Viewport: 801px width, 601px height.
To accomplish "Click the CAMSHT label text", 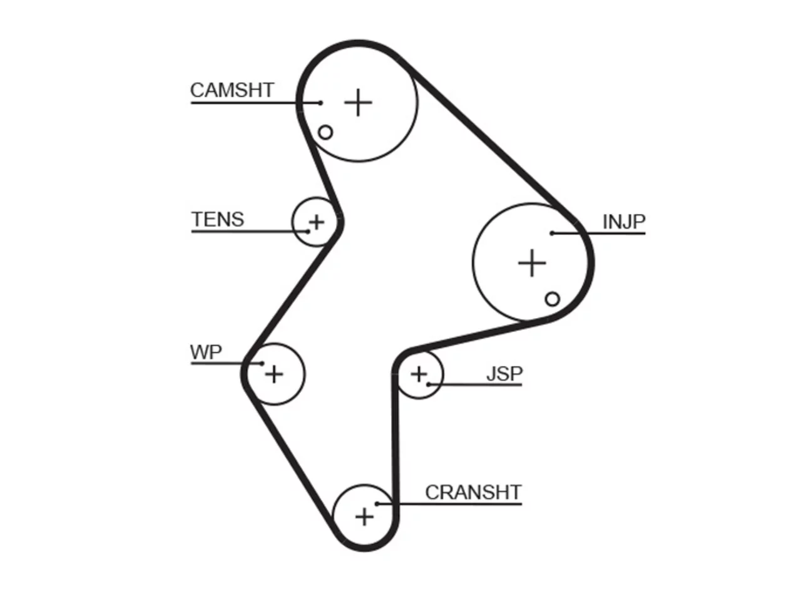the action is [x=232, y=90].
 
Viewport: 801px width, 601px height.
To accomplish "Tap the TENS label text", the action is [x=218, y=219].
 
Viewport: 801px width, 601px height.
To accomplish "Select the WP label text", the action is [x=206, y=352].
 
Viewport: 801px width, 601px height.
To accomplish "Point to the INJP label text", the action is [x=624, y=222].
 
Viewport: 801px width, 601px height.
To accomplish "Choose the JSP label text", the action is [x=504, y=373].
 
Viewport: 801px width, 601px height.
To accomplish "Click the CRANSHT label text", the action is [x=473, y=492].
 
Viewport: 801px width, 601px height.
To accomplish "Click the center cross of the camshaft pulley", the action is [x=359, y=103].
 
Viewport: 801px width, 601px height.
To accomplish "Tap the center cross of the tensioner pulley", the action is [x=317, y=222].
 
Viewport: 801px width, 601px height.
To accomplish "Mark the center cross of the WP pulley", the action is [x=274, y=374].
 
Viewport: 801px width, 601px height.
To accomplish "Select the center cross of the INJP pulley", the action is [x=532, y=263].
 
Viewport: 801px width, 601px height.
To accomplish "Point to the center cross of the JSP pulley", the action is [x=419, y=374].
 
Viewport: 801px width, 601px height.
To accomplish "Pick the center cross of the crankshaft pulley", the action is [x=364, y=516].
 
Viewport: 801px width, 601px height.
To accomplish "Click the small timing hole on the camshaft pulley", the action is [x=325, y=132].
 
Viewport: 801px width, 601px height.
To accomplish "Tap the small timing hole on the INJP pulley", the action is [x=553, y=299].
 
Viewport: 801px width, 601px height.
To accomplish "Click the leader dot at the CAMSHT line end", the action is [x=320, y=103].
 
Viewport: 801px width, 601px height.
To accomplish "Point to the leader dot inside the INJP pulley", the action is [x=553, y=233].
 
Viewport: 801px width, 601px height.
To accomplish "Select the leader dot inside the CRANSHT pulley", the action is [x=377, y=504].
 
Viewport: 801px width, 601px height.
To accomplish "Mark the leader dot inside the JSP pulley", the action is [x=429, y=384].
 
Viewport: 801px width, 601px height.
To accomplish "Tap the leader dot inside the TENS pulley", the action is [x=308, y=232].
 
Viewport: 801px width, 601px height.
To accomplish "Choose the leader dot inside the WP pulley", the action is [x=262, y=364].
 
